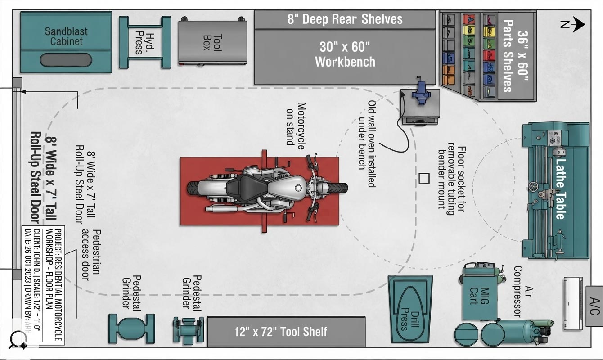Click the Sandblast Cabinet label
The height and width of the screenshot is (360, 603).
click(x=66, y=36)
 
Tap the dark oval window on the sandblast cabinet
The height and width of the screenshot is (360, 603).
click(x=66, y=60)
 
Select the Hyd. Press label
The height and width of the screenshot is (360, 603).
click(x=145, y=43)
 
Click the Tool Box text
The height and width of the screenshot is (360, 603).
click(x=213, y=42)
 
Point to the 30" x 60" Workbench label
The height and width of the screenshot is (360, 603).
click(x=345, y=54)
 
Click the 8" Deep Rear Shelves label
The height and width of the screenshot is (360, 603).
click(x=345, y=19)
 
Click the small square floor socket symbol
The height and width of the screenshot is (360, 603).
click(x=424, y=179)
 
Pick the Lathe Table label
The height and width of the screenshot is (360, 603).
click(x=561, y=189)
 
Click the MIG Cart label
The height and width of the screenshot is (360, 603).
click(x=480, y=296)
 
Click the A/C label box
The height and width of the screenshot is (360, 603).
click(x=594, y=306)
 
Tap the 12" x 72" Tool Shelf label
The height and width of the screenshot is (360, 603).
click(x=281, y=332)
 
